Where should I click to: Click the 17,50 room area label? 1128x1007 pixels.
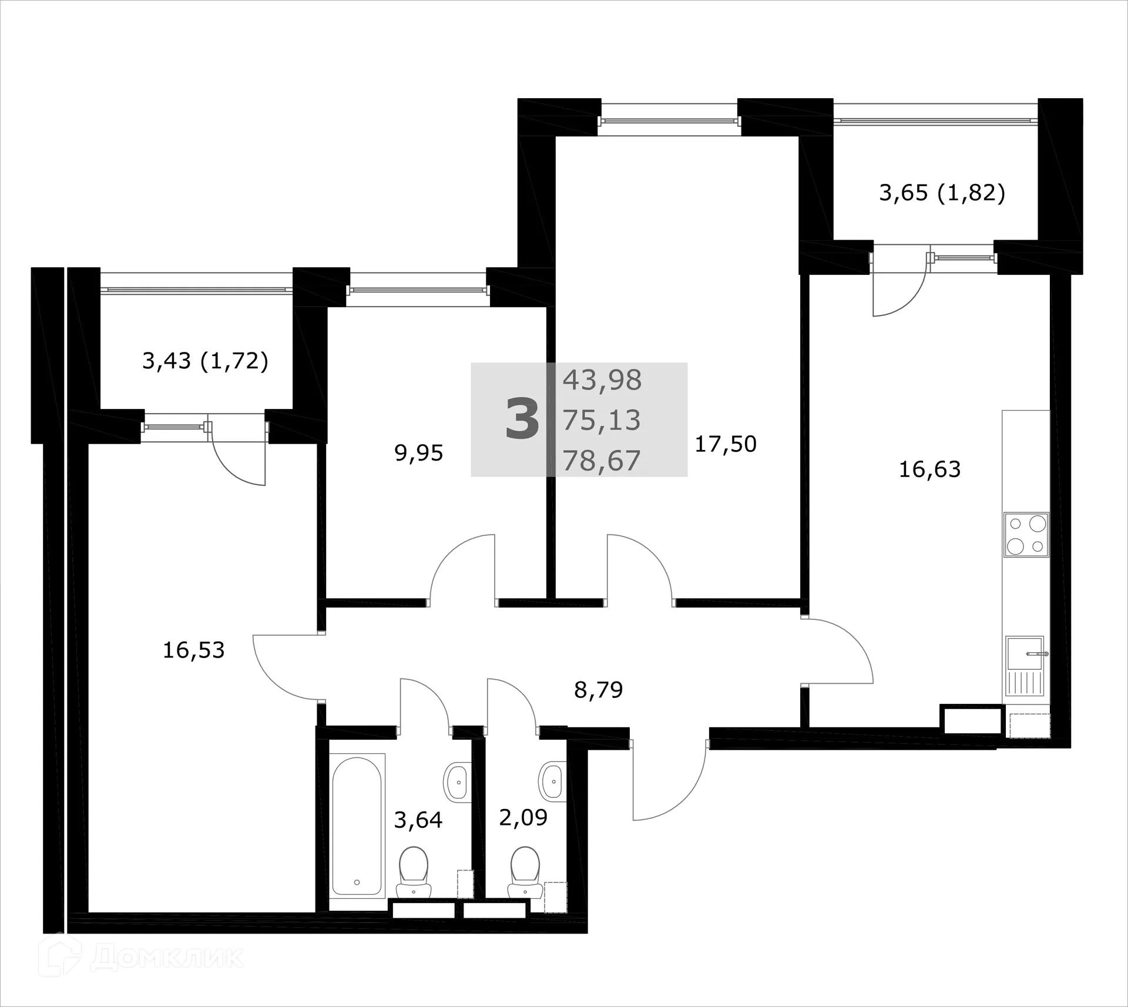(x=726, y=444)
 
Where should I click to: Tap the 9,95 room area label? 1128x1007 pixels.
(x=418, y=453)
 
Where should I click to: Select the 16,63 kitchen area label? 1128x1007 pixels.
(x=929, y=469)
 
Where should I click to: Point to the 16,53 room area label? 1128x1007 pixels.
(x=193, y=650)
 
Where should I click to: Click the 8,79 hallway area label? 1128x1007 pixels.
(x=598, y=690)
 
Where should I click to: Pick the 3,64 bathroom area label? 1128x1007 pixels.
(x=418, y=820)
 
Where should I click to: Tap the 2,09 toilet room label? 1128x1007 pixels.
(x=523, y=817)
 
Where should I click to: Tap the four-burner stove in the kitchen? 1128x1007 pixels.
(x=1026, y=535)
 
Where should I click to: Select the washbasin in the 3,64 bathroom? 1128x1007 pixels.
(x=456, y=782)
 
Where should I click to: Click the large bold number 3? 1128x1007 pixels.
(x=522, y=419)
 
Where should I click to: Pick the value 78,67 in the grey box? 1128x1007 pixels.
(x=602, y=461)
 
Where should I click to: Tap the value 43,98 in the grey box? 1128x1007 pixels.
(x=602, y=380)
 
